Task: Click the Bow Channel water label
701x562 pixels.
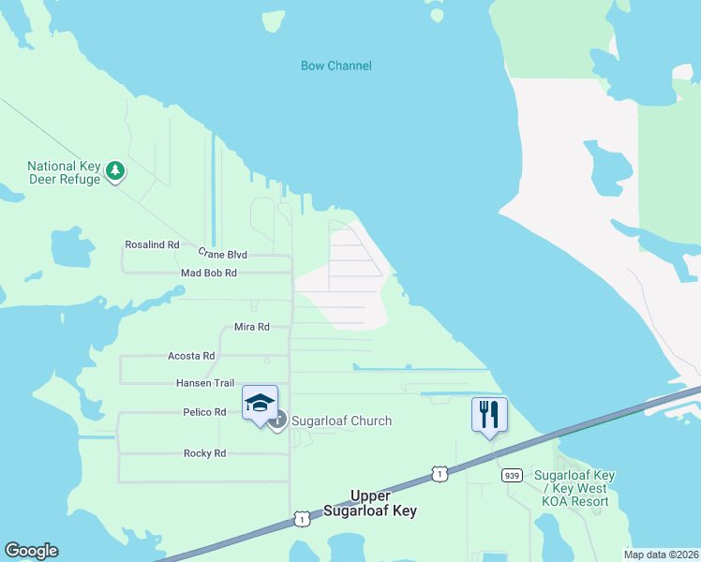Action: pos(336,66)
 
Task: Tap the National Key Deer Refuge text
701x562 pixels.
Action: pos(63,172)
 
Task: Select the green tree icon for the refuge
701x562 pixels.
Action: pos(115,170)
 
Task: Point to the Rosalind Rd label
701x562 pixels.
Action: pos(152,244)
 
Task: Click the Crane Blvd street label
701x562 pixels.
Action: pos(222,254)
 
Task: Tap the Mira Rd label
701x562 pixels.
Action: pos(251,327)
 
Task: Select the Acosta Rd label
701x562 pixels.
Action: pos(191,356)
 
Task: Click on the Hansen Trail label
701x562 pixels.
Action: pos(205,383)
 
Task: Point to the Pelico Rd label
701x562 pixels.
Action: pos(204,412)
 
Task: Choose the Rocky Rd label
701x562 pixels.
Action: pos(204,453)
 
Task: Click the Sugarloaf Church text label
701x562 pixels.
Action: pos(341,421)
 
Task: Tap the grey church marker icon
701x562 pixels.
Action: pos(277,421)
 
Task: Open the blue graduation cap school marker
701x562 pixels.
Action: pos(260,403)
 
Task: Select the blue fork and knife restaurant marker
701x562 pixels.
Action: pos(488,414)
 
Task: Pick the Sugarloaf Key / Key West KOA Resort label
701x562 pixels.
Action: pos(574,488)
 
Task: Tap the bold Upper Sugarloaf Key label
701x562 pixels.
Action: pos(369,503)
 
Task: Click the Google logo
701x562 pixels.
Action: pos(31,551)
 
